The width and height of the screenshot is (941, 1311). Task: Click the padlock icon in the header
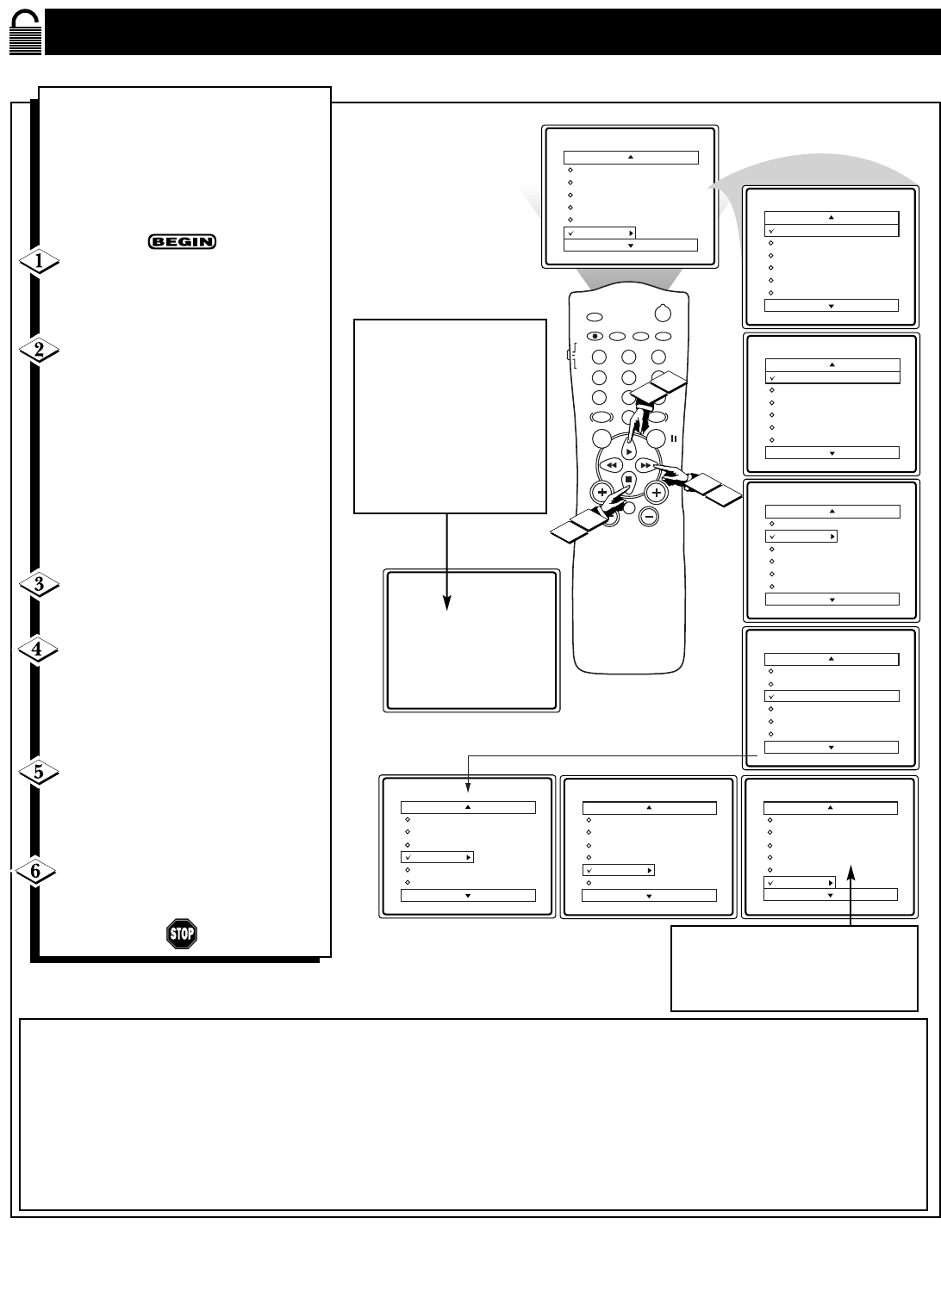coord(26,32)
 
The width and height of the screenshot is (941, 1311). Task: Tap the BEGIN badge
coord(182,241)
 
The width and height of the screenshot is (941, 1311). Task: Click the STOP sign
coord(182,934)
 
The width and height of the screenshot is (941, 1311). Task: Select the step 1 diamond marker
coord(40,261)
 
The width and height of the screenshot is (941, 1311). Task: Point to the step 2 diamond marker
coord(40,350)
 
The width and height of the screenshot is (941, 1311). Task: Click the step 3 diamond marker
coord(40,584)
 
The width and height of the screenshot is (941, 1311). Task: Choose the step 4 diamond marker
coord(37,649)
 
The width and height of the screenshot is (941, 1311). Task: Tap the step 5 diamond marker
coord(39,772)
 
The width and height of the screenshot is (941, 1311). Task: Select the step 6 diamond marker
coord(35,871)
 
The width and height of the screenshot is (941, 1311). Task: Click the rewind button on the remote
coord(611,465)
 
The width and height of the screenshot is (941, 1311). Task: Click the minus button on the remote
coord(649,516)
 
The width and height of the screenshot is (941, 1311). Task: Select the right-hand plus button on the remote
coord(657,493)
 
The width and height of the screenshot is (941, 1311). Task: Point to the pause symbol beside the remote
coord(674,438)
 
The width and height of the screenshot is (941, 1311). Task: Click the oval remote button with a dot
coord(595,337)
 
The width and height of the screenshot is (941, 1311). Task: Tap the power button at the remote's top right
coord(663,314)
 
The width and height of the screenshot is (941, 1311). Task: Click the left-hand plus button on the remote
coord(602,493)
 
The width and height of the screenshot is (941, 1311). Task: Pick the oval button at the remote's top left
coord(595,317)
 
